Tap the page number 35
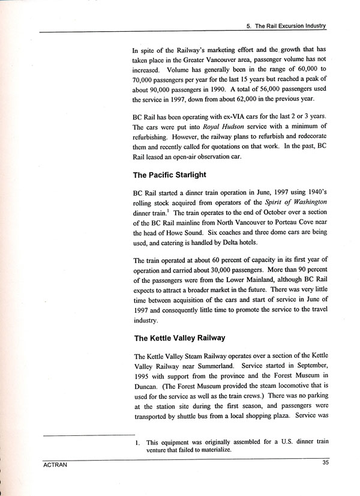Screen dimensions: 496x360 click(x=325, y=462)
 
